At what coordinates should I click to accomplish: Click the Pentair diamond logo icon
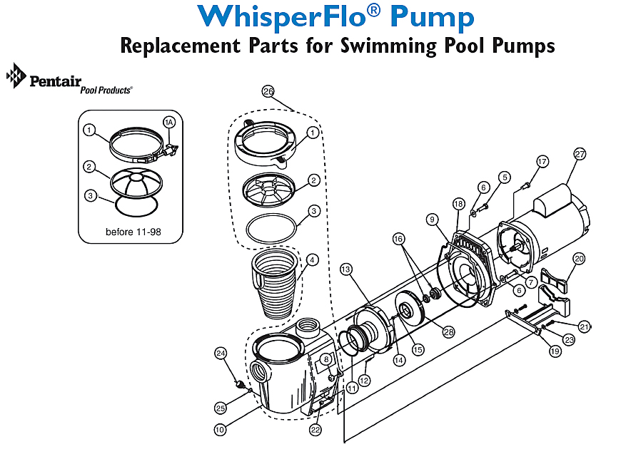[x=16, y=76]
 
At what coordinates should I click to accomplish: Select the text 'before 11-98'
[x=131, y=232]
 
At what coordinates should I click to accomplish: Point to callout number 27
[x=580, y=155]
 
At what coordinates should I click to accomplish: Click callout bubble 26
[x=268, y=92]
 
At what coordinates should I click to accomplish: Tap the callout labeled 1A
[x=169, y=122]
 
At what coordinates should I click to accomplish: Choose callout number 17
[x=542, y=161]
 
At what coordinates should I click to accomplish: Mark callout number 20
[x=579, y=259]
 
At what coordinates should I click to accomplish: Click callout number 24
[x=221, y=353]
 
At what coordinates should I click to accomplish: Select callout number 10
[x=221, y=429]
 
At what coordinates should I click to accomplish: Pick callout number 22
[x=315, y=430]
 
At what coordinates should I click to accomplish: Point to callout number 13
[x=346, y=269]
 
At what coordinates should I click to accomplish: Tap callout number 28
[x=448, y=331]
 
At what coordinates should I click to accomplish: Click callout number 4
[x=312, y=260]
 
